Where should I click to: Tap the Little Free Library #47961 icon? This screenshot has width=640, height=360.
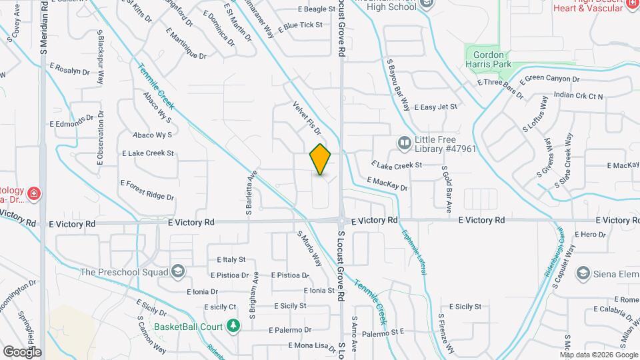click(404, 143)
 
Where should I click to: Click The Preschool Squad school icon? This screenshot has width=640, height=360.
click(177, 271)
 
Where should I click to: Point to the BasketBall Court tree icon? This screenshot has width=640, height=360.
click(233, 326)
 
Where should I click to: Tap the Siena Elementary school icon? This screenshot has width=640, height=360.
click(583, 273)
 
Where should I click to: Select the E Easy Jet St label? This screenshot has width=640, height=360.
click(436, 107)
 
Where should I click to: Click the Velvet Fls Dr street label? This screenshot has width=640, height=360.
click(307, 119)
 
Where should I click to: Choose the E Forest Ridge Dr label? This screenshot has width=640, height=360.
click(147, 189)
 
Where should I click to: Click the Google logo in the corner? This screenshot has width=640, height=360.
click(22, 351)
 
